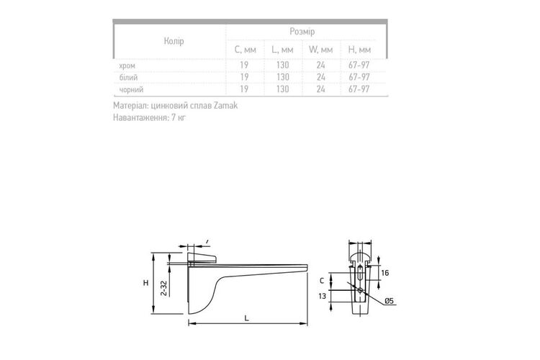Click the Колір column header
click(x=174, y=41)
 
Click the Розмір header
click(x=302, y=32)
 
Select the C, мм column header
click(x=246, y=50)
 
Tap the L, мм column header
click(x=282, y=50)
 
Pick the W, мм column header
click(x=320, y=50)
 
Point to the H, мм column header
click(x=359, y=50)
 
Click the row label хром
click(x=127, y=66)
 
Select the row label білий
click(x=128, y=78)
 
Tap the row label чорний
click(x=131, y=89)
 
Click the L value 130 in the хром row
click(x=283, y=65)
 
